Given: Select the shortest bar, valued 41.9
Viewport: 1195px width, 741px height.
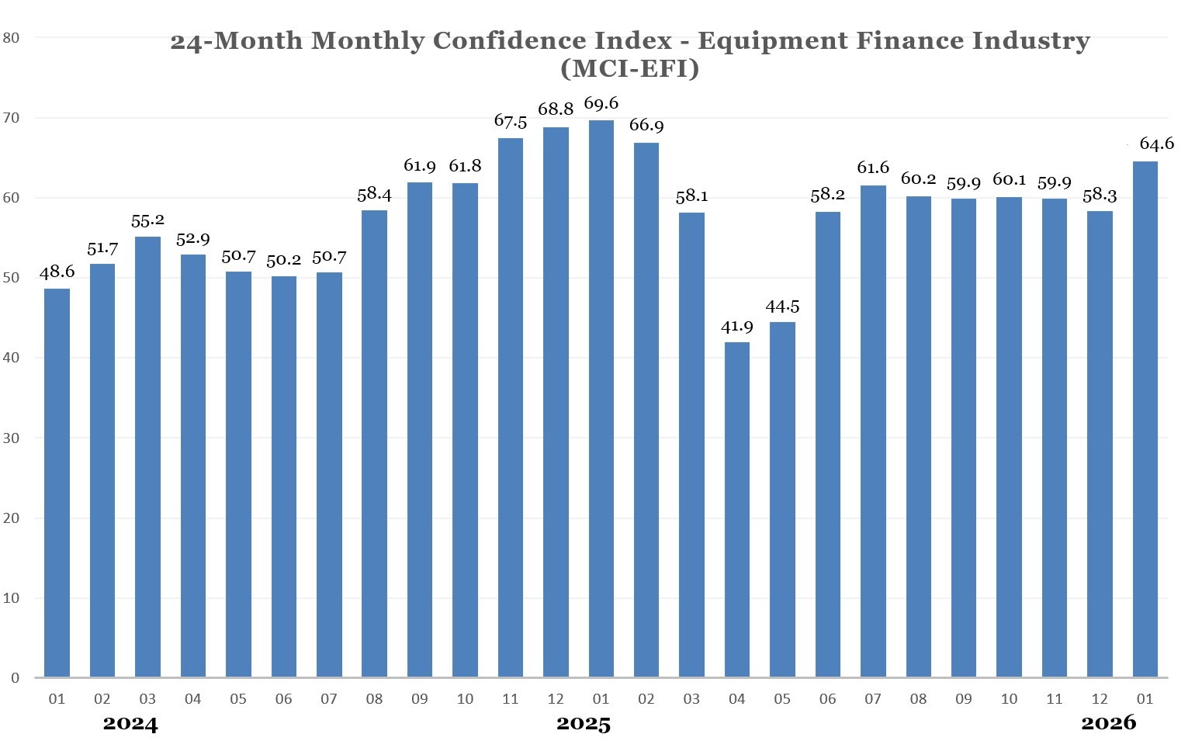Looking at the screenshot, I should pos(736,509).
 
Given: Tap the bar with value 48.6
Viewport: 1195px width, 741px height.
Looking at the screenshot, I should pos(57,483).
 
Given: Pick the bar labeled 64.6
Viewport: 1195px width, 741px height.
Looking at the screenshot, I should pos(1145,419).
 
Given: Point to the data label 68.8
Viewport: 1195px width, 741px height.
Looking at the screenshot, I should pos(556,109).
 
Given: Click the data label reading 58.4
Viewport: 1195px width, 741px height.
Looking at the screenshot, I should pos(374,195).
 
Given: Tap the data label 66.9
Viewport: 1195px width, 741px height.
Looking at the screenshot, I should pos(646,126).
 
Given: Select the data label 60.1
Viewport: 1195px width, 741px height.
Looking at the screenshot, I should pos(1009,180).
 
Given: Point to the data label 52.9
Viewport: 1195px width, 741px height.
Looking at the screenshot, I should pos(192,239).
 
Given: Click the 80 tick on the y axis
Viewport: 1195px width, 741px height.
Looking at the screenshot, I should pos(12,37).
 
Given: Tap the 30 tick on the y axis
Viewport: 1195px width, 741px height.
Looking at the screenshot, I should pos(12,438).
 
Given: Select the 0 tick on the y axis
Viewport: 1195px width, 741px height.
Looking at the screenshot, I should pos(16,678).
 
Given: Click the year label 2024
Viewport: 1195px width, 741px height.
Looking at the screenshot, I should pos(130,725).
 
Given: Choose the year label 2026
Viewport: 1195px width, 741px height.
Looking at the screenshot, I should pos(1108,723).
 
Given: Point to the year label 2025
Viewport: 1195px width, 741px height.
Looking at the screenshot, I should pos(584,725).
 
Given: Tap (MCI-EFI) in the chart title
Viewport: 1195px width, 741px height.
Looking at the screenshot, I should pos(629,68).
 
